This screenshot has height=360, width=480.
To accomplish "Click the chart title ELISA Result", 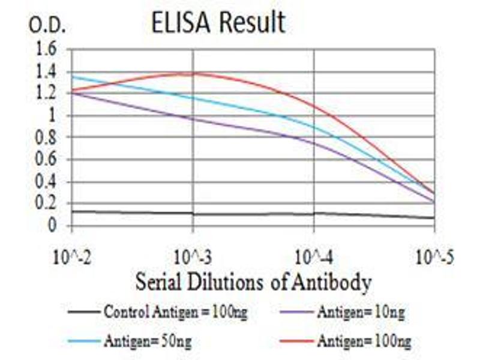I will coord(218,23).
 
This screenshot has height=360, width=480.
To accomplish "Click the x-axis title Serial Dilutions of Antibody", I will coord(253,281).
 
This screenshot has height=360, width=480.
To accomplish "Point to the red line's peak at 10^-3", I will coord(193,73).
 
